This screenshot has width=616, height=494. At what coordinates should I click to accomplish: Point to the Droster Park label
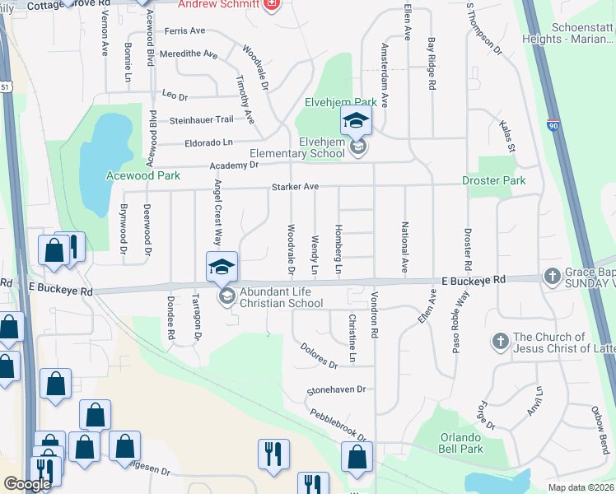click(493, 180)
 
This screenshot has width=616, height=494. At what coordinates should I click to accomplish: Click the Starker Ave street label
click(295, 187)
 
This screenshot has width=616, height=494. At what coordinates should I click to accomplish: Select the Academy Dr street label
click(236, 165)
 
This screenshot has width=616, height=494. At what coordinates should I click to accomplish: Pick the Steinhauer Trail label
click(202, 120)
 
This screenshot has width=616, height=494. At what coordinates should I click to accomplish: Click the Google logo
click(28, 483)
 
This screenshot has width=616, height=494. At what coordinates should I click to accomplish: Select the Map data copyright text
click(581, 487)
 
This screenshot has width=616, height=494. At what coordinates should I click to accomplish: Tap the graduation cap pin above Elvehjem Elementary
click(357, 122)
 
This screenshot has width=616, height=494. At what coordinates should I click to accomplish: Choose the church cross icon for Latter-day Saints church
click(500, 341)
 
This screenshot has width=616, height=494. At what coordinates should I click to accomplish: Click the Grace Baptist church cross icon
click(551, 277)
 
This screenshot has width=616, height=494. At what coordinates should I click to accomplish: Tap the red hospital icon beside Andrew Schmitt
click(273, 6)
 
